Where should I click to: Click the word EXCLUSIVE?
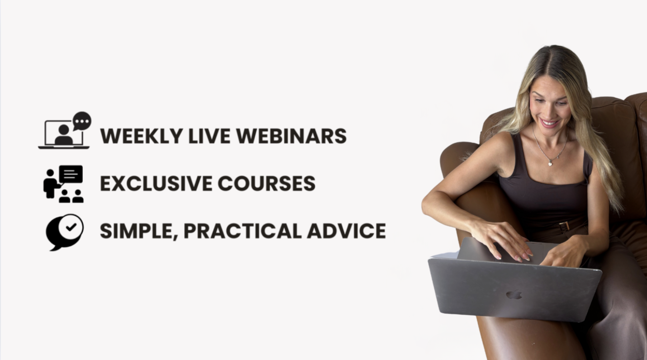point(156,183)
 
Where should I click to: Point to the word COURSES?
point(266,183)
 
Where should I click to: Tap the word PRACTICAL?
point(243,231)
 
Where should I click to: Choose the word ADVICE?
point(346,231)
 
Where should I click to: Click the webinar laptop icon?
point(64,134)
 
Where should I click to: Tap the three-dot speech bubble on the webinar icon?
point(82,121)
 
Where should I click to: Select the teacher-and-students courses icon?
point(63,184)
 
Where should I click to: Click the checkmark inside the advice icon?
point(71,227)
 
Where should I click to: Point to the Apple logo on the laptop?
point(514,295)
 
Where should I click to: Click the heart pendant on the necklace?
point(550,164)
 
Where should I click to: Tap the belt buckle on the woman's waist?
point(564,226)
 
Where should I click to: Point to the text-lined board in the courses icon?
point(71,174)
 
